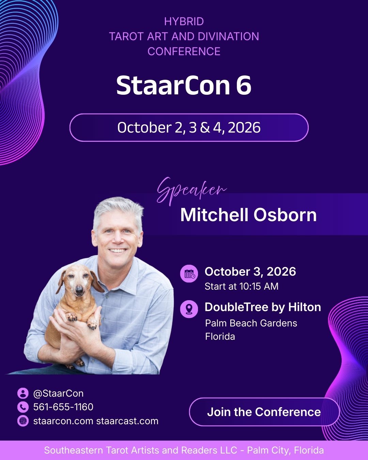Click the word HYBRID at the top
pyautogui.click(x=184, y=21)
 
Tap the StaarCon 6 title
pyautogui.click(x=184, y=86)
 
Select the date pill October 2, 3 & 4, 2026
pyautogui.click(x=189, y=128)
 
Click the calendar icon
pyautogui.click(x=189, y=274)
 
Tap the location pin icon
pyautogui.click(x=189, y=309)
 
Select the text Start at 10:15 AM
pyautogui.click(x=242, y=287)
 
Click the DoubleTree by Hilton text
pyautogui.click(x=263, y=307)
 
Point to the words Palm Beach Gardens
pyautogui.click(x=251, y=323)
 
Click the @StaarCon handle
pyautogui.click(x=58, y=394)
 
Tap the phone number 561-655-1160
pyautogui.click(x=63, y=407)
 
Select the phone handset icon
pyautogui.click(x=23, y=407)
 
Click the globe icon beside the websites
pyautogui.click(x=23, y=421)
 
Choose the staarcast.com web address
pyautogui.click(x=127, y=421)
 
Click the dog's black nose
pyautogui.click(x=79, y=290)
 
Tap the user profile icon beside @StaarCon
pyautogui.click(x=23, y=393)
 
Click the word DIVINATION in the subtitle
pyautogui.click(x=228, y=36)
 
